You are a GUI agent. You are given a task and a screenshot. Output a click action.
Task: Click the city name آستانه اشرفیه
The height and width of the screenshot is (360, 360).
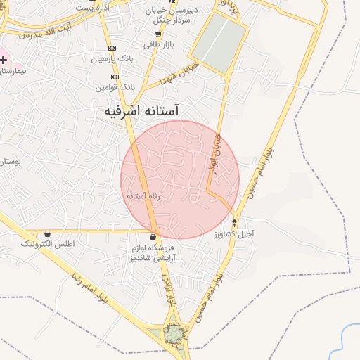(141, 111)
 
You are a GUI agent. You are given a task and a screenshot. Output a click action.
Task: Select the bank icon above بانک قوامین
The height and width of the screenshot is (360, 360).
(115, 77)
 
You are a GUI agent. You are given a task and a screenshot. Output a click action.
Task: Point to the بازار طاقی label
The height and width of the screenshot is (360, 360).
(159, 45)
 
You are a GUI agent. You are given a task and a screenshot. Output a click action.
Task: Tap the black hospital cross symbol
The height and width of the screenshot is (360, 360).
(4, 61)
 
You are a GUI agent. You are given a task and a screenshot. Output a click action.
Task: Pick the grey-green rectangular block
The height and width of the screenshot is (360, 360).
(219, 41)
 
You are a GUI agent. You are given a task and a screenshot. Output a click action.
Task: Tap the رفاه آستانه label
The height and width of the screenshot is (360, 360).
(148, 195)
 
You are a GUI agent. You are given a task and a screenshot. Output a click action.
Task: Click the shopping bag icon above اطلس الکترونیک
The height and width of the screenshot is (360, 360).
(47, 233)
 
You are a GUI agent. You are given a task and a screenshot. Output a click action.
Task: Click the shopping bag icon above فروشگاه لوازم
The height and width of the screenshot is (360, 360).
(153, 237)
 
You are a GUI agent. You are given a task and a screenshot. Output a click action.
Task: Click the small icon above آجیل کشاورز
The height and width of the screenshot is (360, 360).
(235, 224)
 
